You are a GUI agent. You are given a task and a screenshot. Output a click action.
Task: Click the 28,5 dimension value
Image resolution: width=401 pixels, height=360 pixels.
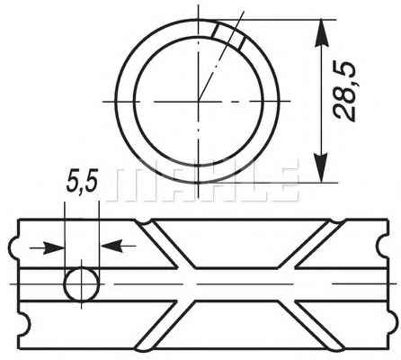pos(344,93)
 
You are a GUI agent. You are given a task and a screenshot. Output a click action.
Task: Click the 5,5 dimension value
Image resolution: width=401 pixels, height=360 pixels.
pos(83,182)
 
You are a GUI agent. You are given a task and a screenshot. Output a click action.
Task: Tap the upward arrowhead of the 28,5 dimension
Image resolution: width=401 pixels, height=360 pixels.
pos(322,32)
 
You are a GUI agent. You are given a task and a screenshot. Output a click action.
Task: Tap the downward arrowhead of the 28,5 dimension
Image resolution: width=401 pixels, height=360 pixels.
pos(322,168)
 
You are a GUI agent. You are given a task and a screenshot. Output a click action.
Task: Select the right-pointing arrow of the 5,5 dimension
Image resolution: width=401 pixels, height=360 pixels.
pos(47,247)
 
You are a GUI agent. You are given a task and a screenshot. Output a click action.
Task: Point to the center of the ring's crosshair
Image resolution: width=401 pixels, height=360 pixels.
pos(199,102)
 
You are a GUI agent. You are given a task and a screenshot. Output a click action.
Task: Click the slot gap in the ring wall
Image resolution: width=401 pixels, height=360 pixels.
pos(229,36)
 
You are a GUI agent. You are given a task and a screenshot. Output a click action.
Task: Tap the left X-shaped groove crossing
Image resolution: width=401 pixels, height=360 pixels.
pos(185,283)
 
